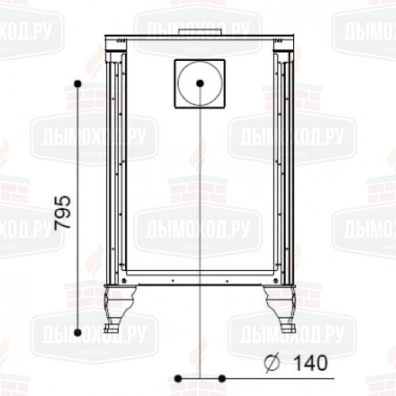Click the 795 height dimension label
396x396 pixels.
63,212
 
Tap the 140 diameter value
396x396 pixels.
310,363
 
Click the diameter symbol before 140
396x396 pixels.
272,364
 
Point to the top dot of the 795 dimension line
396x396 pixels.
78,84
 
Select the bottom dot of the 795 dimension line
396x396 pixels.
78,333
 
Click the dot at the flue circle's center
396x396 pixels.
200,83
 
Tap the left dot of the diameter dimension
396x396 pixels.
178,379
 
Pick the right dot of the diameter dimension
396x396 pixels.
222,379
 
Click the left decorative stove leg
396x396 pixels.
118,306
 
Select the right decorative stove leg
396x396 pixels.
280,306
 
